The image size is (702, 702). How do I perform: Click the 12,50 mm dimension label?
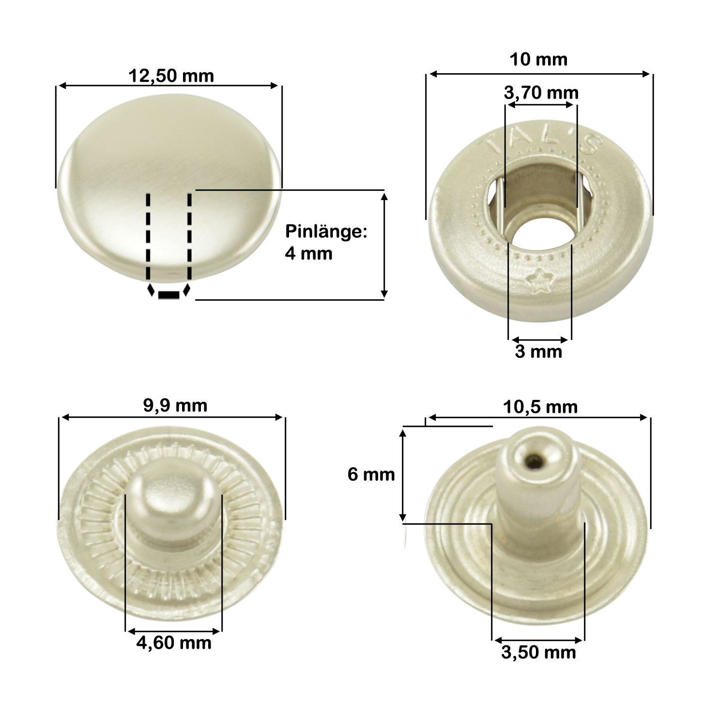click(x=171, y=76)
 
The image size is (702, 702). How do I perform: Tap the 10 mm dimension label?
click(x=538, y=60)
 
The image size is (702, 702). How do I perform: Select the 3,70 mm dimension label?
click(x=541, y=93)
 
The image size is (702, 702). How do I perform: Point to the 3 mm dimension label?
click(x=538, y=352)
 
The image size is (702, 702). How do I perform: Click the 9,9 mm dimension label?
click(x=175, y=406)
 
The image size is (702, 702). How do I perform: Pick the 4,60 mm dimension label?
click(x=174, y=643)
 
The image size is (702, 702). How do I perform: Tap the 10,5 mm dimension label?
click(x=540, y=407)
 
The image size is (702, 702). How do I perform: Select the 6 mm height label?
click(x=371, y=474)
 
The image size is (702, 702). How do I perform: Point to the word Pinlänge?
click(x=326, y=232)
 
